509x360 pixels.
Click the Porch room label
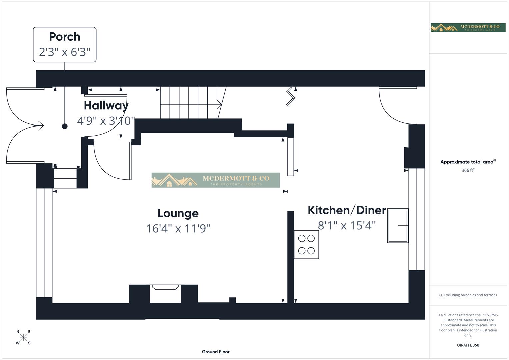tap(65, 37)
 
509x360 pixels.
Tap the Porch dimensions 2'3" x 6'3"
tap(65, 52)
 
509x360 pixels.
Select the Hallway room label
tap(106, 105)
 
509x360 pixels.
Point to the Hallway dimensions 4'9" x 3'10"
tap(106, 120)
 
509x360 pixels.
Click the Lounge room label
tap(178, 213)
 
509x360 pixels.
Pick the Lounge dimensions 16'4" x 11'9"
tap(178, 228)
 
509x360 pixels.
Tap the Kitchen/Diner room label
tap(347, 210)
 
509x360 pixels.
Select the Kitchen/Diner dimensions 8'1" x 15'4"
tap(347, 226)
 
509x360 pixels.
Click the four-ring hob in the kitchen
tap(306, 244)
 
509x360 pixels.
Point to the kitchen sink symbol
tap(398, 226)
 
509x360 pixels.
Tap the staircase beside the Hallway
tap(190, 102)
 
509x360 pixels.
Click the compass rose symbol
tap(23, 337)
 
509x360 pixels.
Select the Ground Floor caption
tap(216, 352)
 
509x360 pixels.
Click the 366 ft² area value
tap(468, 170)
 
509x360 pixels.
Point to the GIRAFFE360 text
tap(468, 345)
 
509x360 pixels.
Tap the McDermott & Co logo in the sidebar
tap(468, 27)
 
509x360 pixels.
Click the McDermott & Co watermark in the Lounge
tap(216, 180)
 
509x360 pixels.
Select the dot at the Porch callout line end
tap(65, 126)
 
